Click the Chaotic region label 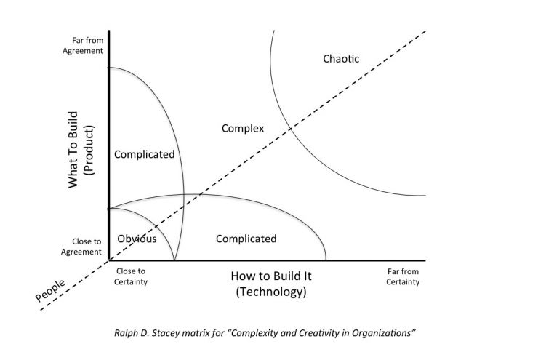coord(341,59)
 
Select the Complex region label coord(243,129)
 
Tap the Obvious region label coord(137,239)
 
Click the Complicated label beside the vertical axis coord(145,155)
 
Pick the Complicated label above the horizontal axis coord(246,239)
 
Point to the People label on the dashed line coord(50,290)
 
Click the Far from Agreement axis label coord(83,46)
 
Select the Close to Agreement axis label coord(81,247)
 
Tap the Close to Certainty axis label coord(131,276)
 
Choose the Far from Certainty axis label coord(403,276)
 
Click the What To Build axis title coord(73,150)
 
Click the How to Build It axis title coord(271,276)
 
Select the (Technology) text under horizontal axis coord(271,292)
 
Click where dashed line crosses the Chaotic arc coord(291,129)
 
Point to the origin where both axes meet coord(109,260)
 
